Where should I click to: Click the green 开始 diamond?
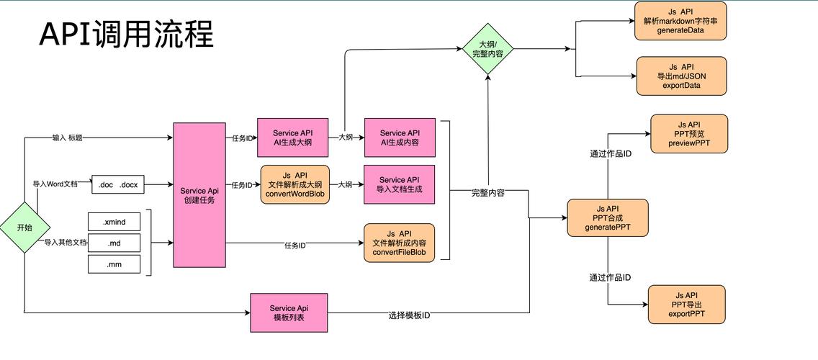[x=24, y=228]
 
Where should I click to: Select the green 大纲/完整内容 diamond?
[x=487, y=49]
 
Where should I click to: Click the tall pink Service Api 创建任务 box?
[x=199, y=194]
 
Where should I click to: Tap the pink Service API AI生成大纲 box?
[x=292, y=138]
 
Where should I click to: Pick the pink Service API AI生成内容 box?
[x=400, y=138]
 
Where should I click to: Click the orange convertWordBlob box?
[x=295, y=184]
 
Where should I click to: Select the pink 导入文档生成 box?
[x=400, y=184]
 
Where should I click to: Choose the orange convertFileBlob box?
[x=400, y=243]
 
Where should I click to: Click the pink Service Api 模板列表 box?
[x=289, y=312]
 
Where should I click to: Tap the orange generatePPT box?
[x=608, y=218]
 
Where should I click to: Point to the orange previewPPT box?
[x=689, y=134]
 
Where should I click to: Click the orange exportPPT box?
[x=686, y=305]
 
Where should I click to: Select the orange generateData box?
[x=680, y=21]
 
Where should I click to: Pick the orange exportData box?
[x=681, y=76]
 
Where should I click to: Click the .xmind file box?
[x=114, y=222]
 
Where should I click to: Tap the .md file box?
[x=114, y=243]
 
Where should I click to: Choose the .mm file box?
[x=114, y=264]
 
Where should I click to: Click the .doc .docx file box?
[x=118, y=185]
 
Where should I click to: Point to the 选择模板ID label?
[x=409, y=315]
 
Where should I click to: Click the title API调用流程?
[x=126, y=34]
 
